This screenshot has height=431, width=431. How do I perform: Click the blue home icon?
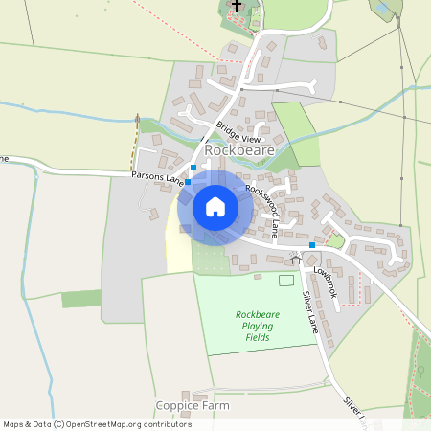click(x=215, y=206)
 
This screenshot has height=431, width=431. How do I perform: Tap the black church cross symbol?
click(x=237, y=6)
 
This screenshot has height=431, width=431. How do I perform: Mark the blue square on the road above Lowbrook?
click(x=312, y=246)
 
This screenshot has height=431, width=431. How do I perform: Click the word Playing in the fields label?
click(x=258, y=326)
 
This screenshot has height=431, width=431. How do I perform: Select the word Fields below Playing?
click(x=258, y=337)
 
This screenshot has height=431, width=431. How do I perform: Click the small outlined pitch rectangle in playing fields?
click(x=286, y=280)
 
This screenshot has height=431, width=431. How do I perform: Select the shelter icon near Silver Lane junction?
click(x=295, y=258)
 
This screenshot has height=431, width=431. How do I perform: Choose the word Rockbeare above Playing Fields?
click(x=258, y=314)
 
